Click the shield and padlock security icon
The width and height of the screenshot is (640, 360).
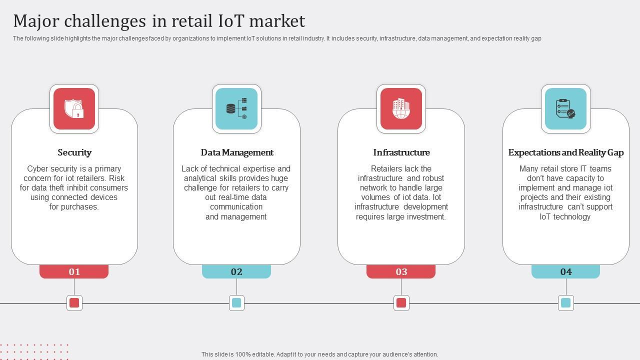click(74, 109)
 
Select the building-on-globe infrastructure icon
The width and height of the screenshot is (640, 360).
click(401, 109)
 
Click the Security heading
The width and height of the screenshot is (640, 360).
click(74, 152)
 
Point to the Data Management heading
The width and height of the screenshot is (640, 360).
click(237, 152)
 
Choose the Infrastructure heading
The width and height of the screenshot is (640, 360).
click(401, 152)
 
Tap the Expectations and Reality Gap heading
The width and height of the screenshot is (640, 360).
click(566, 152)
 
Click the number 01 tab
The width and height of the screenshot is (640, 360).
click(74, 271)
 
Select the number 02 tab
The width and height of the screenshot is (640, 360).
click(236, 271)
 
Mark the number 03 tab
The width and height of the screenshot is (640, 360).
click(401, 271)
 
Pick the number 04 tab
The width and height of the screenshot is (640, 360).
click(565, 271)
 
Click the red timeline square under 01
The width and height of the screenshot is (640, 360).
click(74, 302)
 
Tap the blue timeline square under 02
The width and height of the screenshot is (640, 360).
click(236, 302)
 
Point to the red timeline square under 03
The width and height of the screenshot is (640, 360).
click(401, 302)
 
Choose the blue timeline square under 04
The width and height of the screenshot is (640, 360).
click(565, 302)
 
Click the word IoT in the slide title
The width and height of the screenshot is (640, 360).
click(231, 21)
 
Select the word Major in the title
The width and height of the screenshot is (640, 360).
click(36, 21)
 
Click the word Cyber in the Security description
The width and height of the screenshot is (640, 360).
click(37, 168)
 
